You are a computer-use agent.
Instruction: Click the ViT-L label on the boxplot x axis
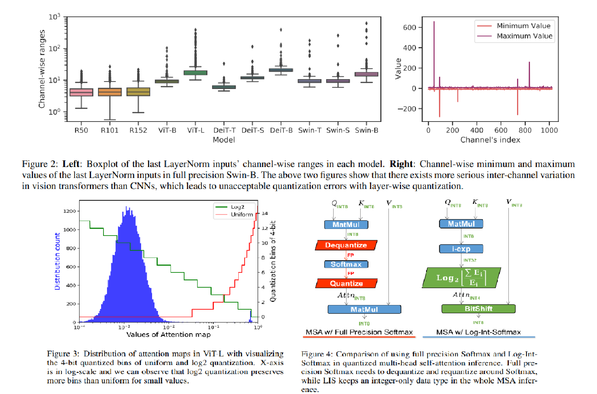196,130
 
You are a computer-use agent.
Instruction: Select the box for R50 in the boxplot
81,93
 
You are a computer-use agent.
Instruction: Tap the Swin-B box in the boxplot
367,74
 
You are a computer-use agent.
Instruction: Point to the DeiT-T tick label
224,130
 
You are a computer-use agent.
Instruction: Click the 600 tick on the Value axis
410,27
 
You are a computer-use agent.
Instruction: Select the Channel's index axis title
490,140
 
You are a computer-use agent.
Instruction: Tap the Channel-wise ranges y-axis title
42,69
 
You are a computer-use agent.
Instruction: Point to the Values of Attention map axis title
168,334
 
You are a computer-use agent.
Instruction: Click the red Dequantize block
346,245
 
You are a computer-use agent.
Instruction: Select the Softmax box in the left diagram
346,264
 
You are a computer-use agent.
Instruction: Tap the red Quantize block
346,283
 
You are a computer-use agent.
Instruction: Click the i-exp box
461,249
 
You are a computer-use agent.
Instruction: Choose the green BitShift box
478,309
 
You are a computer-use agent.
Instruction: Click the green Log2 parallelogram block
461,278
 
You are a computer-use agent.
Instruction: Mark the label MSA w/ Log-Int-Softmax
478,332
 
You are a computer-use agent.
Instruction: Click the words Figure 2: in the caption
40,164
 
